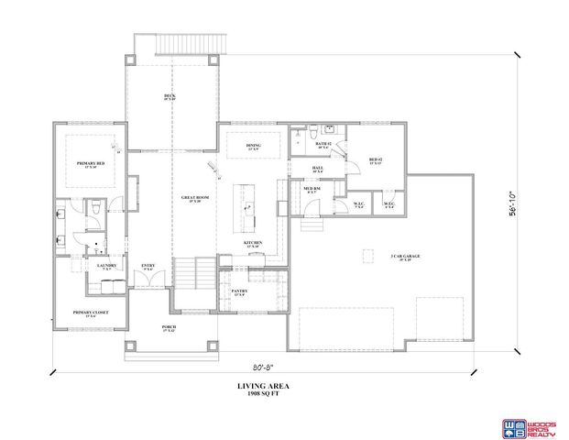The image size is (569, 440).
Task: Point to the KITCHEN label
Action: [253, 244]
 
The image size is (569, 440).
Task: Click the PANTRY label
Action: [240, 292]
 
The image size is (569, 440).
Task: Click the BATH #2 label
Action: [323, 145]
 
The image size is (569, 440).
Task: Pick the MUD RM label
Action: [310, 190]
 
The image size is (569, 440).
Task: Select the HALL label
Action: [317, 169]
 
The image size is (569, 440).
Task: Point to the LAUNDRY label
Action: [105, 267]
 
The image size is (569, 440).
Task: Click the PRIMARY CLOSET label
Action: [90, 313]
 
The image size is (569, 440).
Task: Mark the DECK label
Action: [170, 96]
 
